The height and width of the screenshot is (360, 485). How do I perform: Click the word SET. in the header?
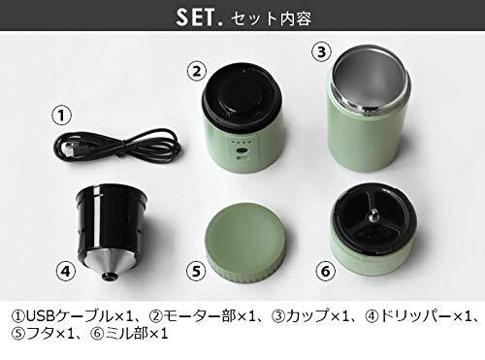[x=200, y=17]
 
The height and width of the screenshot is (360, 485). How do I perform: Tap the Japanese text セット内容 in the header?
[x=272, y=18]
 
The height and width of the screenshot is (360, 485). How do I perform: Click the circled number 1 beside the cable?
[x=61, y=115]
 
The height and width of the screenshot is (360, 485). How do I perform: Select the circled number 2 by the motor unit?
[x=197, y=72]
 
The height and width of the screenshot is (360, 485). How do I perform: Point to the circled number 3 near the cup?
[x=321, y=51]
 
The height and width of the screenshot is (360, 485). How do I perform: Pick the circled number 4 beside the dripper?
[x=66, y=271]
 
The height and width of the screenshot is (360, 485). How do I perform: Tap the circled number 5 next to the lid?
[x=196, y=271]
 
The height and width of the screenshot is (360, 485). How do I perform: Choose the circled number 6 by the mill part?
[x=326, y=271]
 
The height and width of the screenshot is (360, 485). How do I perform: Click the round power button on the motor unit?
[x=242, y=150]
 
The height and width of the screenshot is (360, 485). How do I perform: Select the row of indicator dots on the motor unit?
[x=240, y=142]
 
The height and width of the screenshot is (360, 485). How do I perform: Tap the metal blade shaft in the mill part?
[x=373, y=215]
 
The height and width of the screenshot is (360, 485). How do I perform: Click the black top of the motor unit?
[x=242, y=94]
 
